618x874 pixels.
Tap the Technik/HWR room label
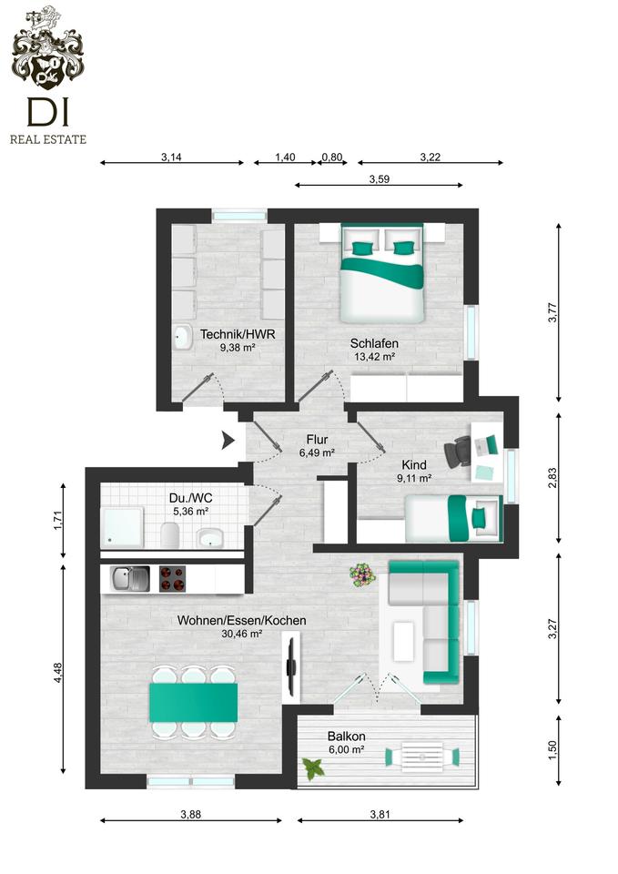tap(238, 334)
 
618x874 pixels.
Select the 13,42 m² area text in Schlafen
tap(374, 357)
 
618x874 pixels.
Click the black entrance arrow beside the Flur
tap(228, 441)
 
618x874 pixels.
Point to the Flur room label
tap(317, 440)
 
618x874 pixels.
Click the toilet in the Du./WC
tap(169, 534)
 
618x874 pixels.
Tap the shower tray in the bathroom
tap(122, 527)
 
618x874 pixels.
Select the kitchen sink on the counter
tap(130, 579)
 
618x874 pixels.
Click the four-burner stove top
tap(172, 579)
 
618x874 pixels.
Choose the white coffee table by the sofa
tap(403, 642)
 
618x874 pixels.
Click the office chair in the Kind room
tap(459, 451)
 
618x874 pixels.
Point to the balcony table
tap(421, 757)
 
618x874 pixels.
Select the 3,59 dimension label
tap(379, 179)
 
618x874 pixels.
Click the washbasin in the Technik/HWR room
tap(182, 337)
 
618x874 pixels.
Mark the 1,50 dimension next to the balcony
tap(552, 749)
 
